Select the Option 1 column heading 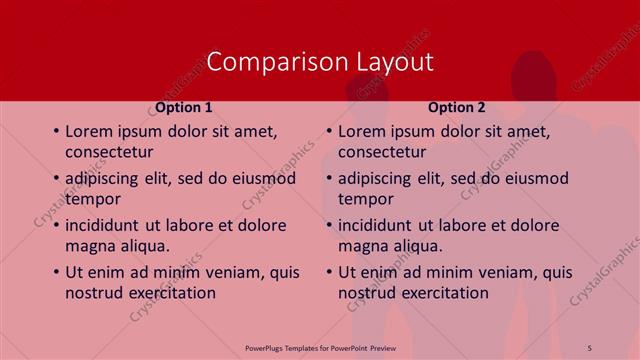(183, 107)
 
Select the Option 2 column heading (456, 107)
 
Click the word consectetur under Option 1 (109, 152)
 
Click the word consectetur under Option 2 (382, 152)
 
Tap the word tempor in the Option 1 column (93, 199)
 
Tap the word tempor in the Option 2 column (366, 199)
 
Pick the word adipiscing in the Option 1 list (107, 179)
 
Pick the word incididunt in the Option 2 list (379, 225)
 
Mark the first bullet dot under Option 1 (55, 132)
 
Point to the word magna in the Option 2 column (362, 246)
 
